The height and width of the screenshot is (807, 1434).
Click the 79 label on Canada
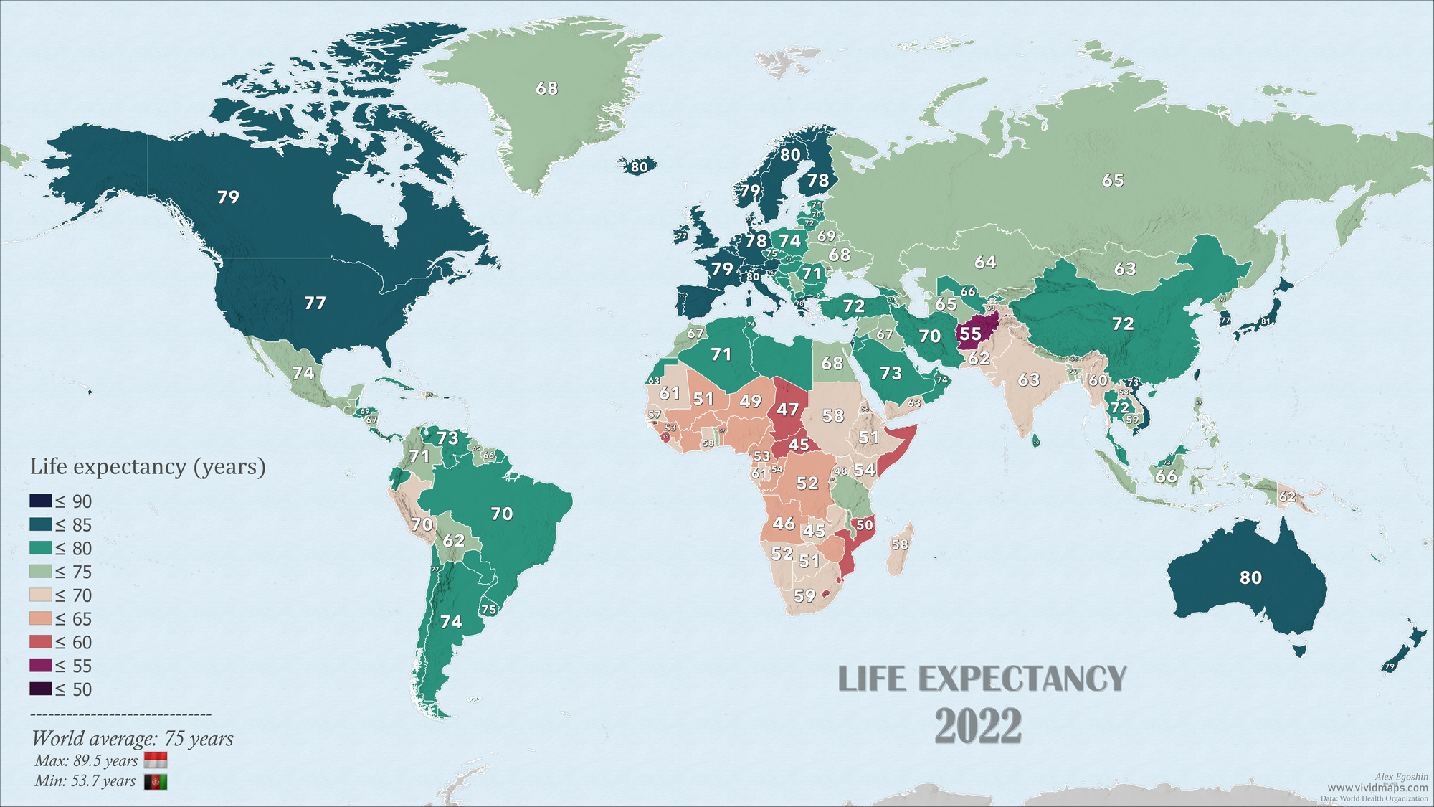[x=228, y=197]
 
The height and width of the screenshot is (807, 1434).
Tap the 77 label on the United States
[x=315, y=303]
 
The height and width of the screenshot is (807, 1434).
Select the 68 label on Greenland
[x=546, y=88]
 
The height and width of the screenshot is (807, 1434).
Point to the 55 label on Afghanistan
[x=970, y=334]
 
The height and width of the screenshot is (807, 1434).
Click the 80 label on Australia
[x=1250, y=577]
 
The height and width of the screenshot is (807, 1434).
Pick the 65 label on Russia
[x=1113, y=180]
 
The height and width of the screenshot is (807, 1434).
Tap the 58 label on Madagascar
[x=900, y=544]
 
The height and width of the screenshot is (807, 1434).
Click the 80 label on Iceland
[x=638, y=167]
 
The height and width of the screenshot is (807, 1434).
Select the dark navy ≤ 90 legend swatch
[x=40, y=501]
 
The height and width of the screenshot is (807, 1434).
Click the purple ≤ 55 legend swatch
[x=40, y=665]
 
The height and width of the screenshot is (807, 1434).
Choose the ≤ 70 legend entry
[x=61, y=595]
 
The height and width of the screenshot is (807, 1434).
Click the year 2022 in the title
[x=978, y=726]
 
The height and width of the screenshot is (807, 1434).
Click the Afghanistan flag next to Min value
[x=156, y=782]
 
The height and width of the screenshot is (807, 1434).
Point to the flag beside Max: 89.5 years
[x=156, y=760]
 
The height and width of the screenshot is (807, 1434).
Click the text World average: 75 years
[x=133, y=738]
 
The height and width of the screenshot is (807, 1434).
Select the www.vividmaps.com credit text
[x=1377, y=788]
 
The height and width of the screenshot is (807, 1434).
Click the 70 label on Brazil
[x=502, y=514]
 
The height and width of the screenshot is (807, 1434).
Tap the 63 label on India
[x=1029, y=379]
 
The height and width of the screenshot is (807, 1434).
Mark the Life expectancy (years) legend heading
[x=148, y=467]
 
